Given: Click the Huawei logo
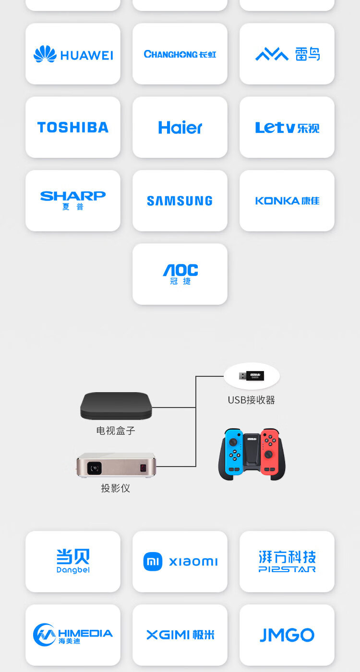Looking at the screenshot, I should (x=73, y=54).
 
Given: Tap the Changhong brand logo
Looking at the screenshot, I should (x=180, y=54).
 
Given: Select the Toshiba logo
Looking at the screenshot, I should (x=73, y=127).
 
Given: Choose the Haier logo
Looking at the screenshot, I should (x=180, y=127).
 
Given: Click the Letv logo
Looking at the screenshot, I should (x=287, y=128).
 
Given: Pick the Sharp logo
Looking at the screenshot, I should (x=73, y=200).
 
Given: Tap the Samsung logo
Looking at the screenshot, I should (x=180, y=201).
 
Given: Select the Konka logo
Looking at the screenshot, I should (x=287, y=201).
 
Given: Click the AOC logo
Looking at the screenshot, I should (x=180, y=274).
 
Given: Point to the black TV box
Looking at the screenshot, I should (x=116, y=406).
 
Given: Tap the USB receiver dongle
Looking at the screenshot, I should (x=252, y=376).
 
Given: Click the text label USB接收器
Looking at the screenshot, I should (x=252, y=400).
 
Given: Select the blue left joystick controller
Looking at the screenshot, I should (x=235, y=452).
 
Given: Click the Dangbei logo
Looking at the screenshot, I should (x=73, y=561).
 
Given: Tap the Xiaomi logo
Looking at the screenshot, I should (x=180, y=562).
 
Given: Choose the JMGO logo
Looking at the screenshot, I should (x=287, y=635).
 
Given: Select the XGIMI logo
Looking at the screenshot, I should (x=180, y=635).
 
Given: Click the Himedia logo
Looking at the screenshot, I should (x=73, y=635).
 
